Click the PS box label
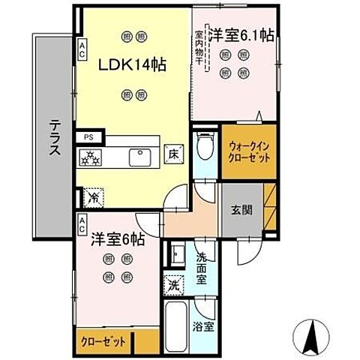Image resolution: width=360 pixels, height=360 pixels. click(x=88, y=136)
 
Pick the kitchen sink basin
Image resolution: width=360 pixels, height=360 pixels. click(x=140, y=157)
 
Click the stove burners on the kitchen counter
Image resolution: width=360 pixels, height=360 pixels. click(x=91, y=157)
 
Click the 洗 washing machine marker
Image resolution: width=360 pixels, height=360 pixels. click(x=172, y=285)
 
